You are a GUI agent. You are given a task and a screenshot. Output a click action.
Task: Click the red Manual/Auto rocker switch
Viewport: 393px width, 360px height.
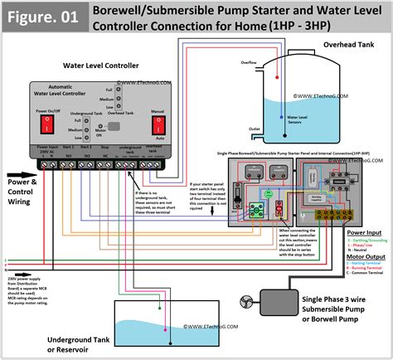click(156, 124)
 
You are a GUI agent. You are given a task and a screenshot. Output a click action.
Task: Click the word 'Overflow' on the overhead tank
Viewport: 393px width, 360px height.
click(250, 61)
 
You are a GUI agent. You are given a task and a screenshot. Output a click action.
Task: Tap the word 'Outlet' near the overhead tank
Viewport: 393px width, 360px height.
click(255, 128)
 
